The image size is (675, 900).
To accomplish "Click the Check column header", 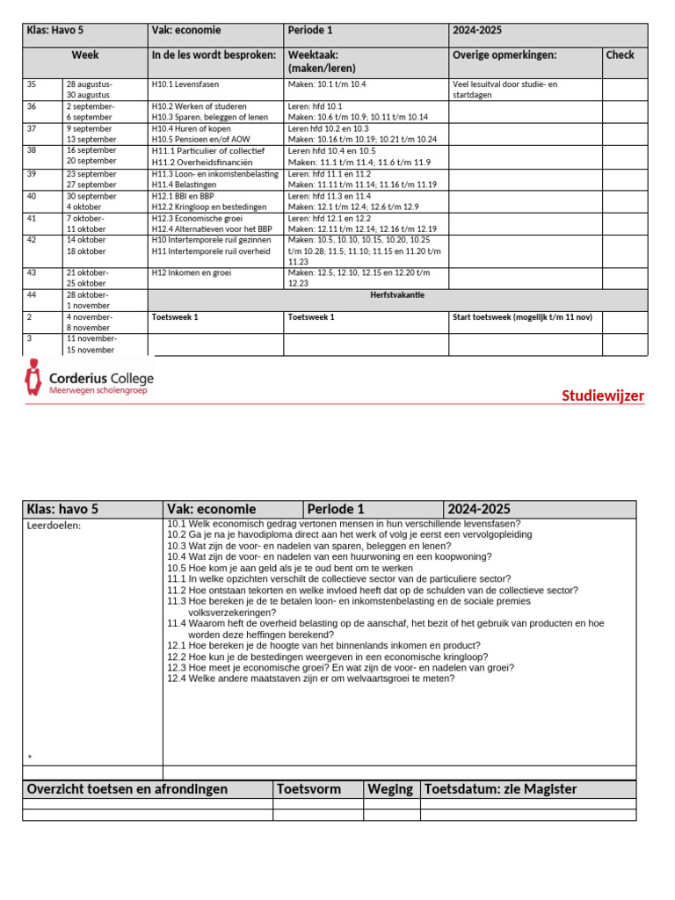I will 620,54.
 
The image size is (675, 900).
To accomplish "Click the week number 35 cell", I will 33,84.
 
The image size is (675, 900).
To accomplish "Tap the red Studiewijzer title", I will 602,396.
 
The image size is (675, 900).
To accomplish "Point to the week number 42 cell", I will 33,240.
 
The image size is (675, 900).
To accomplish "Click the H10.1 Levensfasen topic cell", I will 184,84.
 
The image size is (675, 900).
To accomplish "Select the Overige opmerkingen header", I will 504,54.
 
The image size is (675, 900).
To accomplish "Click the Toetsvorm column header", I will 308,789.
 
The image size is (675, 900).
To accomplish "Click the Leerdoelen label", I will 54,526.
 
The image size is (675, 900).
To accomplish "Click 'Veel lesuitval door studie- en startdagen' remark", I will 504,90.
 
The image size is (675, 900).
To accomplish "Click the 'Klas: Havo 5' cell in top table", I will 62,31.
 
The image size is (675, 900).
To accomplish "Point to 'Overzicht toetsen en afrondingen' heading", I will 127,789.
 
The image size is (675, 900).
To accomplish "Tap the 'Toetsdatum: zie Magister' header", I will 501,789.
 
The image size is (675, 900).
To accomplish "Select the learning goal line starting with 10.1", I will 343,524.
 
